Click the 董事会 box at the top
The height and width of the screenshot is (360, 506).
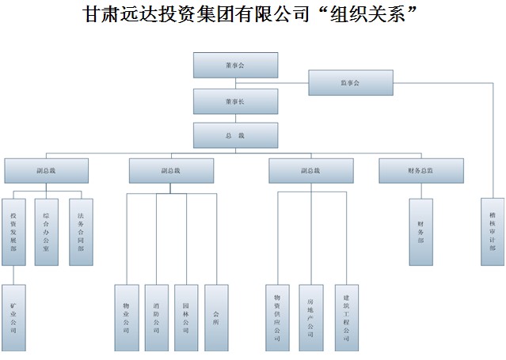click(x=235, y=65)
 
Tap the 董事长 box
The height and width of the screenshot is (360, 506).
click(x=235, y=101)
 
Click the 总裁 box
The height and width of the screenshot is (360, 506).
click(x=235, y=135)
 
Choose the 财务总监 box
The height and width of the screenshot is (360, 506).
click(x=420, y=171)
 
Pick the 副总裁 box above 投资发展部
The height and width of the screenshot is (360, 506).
click(x=46, y=171)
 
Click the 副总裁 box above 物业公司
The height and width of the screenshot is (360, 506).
click(x=171, y=171)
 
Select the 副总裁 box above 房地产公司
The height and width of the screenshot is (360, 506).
click(x=310, y=171)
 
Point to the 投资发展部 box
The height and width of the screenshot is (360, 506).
click(x=13, y=232)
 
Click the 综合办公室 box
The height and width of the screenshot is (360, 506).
click(x=47, y=232)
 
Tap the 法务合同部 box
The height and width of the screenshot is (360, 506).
click(x=81, y=232)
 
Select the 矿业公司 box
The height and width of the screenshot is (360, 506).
click(x=13, y=317)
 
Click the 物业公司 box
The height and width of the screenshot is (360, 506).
click(x=127, y=317)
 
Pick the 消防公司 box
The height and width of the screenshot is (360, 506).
click(x=157, y=317)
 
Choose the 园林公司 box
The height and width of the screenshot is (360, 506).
click(x=186, y=317)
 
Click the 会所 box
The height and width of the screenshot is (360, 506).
click(x=216, y=317)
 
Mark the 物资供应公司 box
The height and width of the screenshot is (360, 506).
click(x=277, y=317)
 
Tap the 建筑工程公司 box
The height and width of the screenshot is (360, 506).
click(x=346, y=317)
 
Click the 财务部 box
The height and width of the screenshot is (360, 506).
click(x=420, y=232)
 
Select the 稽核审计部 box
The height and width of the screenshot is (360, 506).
click(x=493, y=232)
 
